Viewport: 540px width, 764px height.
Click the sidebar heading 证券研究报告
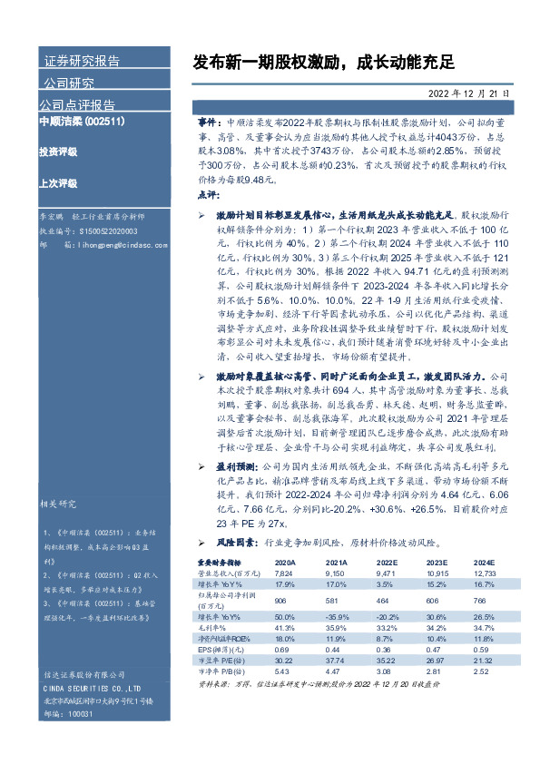pyautogui.click(x=82, y=62)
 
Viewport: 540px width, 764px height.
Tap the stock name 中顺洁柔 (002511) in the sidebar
pyautogui.click(x=81, y=121)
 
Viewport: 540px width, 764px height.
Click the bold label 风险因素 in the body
pyautogui.click(x=235, y=543)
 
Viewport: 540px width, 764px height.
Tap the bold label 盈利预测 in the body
pyautogui.click(x=235, y=463)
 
